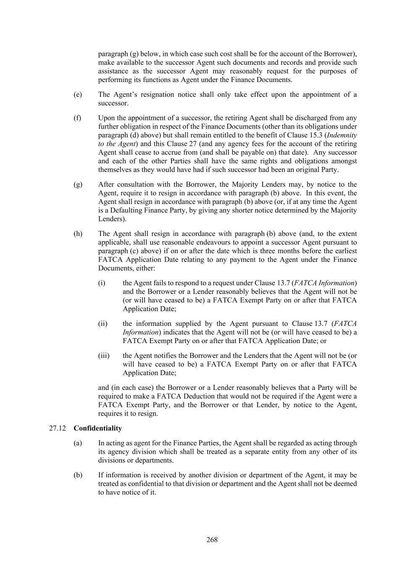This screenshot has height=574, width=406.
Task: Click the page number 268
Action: (x=212, y=540)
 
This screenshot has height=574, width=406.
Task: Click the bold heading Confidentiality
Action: (x=98, y=428)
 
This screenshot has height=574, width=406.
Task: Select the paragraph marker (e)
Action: (x=78, y=95)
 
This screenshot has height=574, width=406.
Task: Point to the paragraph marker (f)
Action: (x=77, y=118)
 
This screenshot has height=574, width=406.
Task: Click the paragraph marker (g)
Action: (x=78, y=184)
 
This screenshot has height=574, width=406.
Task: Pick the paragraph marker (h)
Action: (x=78, y=234)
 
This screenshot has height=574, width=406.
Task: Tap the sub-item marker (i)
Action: (x=102, y=283)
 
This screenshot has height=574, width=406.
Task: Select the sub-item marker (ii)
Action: (x=103, y=323)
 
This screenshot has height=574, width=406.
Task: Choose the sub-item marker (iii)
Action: (x=103, y=356)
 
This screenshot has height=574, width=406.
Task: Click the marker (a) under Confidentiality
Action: (x=78, y=443)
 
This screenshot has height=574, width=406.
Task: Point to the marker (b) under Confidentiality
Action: (x=78, y=475)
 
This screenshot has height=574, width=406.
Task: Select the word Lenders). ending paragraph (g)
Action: (x=112, y=219)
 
